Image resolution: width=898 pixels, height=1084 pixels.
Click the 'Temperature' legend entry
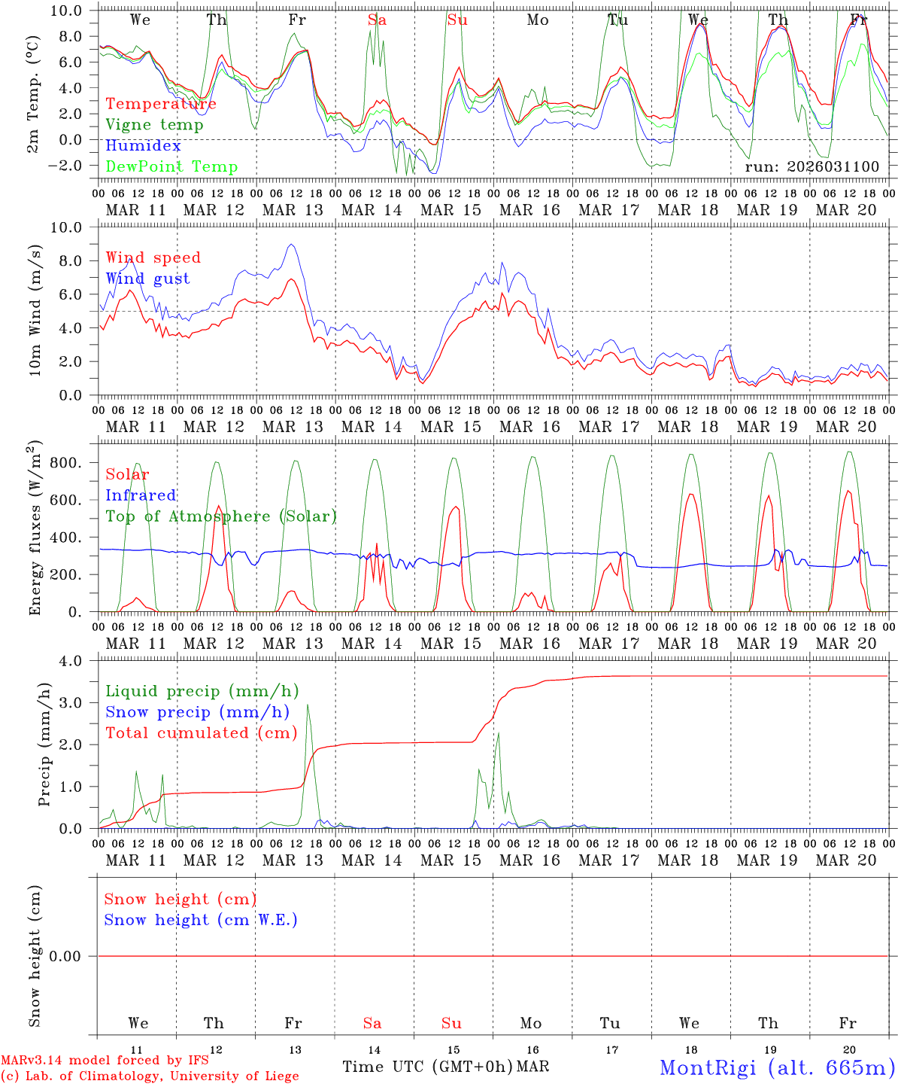160,104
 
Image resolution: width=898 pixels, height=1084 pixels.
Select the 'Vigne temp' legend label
154,125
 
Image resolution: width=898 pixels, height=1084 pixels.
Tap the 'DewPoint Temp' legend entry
171,167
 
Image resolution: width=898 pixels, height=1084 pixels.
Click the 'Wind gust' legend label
147,279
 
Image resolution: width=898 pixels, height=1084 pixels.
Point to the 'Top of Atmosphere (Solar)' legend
220,516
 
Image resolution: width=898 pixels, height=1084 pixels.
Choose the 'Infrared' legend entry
141,495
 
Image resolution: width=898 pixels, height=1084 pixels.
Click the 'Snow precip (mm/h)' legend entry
197,712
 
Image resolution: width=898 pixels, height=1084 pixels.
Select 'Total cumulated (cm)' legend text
201,733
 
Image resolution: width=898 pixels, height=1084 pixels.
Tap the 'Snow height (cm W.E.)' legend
201,920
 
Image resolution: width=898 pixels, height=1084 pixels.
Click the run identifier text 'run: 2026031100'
812,166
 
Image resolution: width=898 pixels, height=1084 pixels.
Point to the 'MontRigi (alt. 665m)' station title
777,1067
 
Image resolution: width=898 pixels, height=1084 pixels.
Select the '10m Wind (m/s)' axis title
35,310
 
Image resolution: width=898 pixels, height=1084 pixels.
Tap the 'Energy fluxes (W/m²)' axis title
35,528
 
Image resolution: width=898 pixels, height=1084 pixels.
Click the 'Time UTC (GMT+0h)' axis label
427,1067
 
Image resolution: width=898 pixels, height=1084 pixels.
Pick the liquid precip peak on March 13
307,705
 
